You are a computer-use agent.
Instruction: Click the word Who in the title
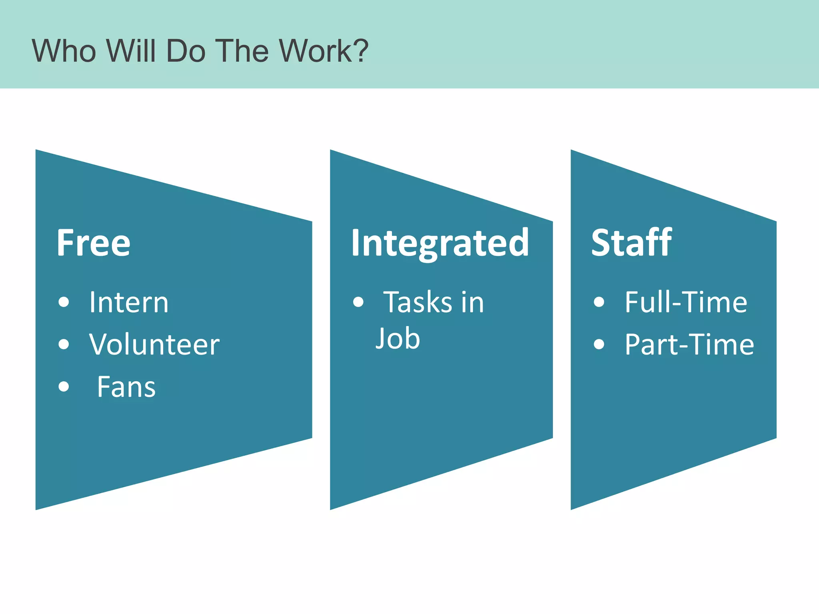[x=64, y=51]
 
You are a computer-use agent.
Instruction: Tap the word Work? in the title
[x=324, y=51]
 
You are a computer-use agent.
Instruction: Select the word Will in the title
[x=131, y=51]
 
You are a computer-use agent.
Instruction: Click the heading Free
[x=94, y=243]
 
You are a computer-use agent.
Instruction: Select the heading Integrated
[x=440, y=243]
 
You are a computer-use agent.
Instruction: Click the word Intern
[x=129, y=302]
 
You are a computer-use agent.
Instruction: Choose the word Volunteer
[x=154, y=345]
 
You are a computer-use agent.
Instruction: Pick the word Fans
[x=126, y=387]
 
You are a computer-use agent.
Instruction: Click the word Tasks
[x=418, y=302]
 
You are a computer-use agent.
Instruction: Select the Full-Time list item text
[x=686, y=302]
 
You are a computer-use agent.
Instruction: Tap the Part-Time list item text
[x=689, y=345]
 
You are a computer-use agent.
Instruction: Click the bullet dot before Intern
[x=64, y=302]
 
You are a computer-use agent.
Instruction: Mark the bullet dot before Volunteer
[x=64, y=344]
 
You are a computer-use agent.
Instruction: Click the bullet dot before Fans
[x=64, y=387]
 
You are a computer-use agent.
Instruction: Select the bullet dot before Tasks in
[x=358, y=302]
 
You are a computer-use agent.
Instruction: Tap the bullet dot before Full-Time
[x=599, y=302]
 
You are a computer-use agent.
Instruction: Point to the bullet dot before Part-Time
[x=599, y=344]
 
